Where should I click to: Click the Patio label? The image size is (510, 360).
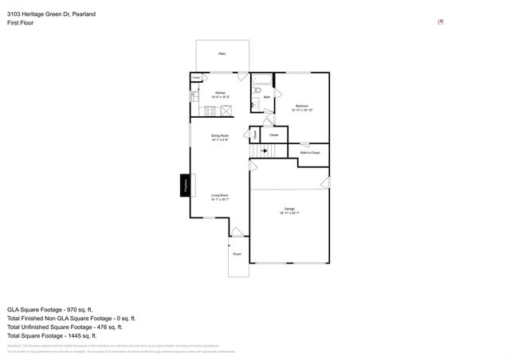tap(222, 54)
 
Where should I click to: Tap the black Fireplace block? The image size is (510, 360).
tap(185, 185)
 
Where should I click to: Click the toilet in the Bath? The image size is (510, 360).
tap(257, 104)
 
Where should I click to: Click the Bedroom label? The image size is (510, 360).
tap(301, 105)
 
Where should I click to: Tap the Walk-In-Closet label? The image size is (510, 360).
tap(309, 152)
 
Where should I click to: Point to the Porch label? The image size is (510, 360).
tap(237, 254)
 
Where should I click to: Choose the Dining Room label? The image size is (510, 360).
tap(220, 136)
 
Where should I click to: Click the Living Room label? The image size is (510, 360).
tap(220, 196)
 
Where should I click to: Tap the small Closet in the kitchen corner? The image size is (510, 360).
tap(196, 77)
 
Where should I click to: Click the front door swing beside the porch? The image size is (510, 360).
tap(237, 232)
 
